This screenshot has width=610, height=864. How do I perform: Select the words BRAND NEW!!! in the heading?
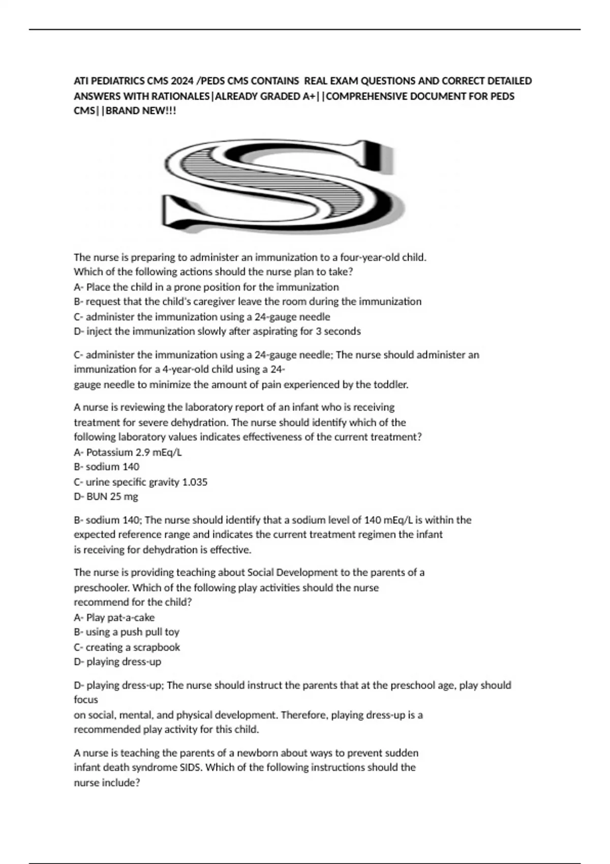[141, 111]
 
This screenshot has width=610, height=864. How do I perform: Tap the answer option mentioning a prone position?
[206, 287]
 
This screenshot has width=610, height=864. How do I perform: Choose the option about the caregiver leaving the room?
[248, 301]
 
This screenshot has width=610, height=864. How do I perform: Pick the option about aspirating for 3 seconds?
[217, 331]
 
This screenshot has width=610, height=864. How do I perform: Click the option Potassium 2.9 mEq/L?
[128, 452]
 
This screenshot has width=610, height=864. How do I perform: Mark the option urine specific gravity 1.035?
[140, 482]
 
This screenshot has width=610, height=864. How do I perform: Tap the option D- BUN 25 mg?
[106, 497]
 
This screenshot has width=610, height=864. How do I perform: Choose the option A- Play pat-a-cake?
[114, 618]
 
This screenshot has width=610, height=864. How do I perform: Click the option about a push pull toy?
[126, 632]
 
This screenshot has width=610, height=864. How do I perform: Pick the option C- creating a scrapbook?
[127, 647]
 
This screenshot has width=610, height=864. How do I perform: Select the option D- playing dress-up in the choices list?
[117, 662]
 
